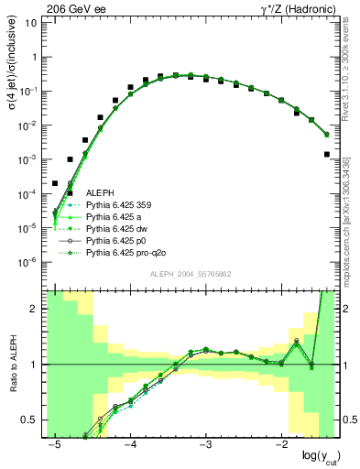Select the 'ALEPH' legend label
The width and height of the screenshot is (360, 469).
(x=101, y=193)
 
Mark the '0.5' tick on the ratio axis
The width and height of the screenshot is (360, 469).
(x=30, y=420)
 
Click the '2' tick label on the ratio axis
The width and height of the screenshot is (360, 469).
(x=35, y=309)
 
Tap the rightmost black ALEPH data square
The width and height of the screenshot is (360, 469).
(x=327, y=154)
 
